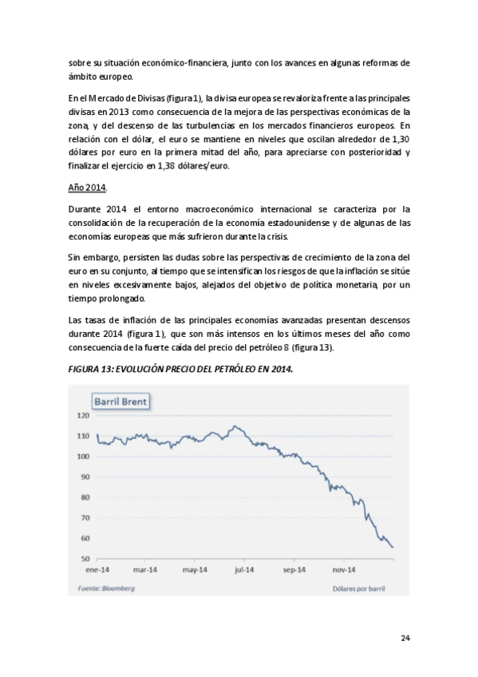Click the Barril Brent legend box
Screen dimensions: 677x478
pos(120,401)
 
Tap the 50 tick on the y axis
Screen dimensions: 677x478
pos(84,559)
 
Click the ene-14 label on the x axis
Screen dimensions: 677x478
pos(97,570)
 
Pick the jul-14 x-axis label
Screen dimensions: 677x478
pos(244,570)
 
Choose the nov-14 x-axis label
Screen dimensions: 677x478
pos(342,570)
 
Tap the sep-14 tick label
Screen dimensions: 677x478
pos(294,570)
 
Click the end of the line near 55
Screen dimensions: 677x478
pos(393,547)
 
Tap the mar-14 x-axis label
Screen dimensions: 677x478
pos(145,570)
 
